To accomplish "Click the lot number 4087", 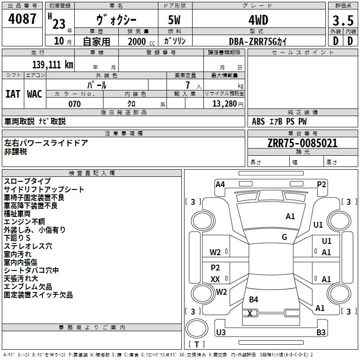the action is point(22,19).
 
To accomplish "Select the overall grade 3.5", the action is point(343,21).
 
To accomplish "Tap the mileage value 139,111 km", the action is point(53,65).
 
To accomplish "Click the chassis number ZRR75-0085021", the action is point(302,143).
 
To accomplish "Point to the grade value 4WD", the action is point(258,20).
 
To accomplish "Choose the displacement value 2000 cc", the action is point(141,42).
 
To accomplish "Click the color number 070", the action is point(75,104).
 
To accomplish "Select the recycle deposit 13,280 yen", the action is point(228,104).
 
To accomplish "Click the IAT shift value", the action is point(13,94).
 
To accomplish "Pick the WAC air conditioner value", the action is point(35,94).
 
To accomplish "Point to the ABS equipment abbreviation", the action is point(258,121).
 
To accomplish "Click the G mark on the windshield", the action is point(284,237).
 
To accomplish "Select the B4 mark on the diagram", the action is point(253,299).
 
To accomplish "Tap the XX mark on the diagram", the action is point(215,279).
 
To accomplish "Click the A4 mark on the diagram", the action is point(220,184).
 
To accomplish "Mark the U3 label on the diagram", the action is point(221,332).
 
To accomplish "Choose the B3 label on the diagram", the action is point(321,332).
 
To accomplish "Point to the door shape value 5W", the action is point(174,20).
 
